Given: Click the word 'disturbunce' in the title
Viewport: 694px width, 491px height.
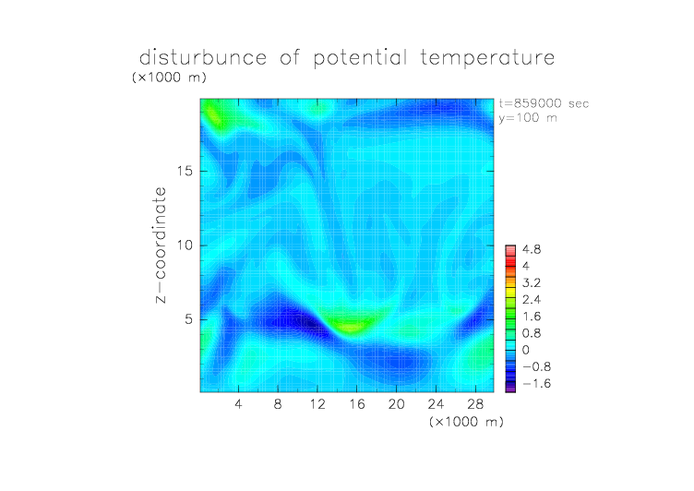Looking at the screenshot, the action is (x=203, y=57).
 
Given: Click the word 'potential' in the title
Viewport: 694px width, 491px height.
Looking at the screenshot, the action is (x=360, y=58).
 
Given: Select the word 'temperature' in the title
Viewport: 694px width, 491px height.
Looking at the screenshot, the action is (x=487, y=58).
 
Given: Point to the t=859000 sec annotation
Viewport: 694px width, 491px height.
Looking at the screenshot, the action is (x=544, y=103).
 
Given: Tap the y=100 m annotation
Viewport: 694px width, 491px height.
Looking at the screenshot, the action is (x=528, y=118).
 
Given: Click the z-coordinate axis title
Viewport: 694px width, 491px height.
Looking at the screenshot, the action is (x=161, y=245).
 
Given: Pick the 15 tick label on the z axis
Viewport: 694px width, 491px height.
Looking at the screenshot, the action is (x=185, y=172).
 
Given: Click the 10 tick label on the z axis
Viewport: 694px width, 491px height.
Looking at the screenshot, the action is (x=185, y=245).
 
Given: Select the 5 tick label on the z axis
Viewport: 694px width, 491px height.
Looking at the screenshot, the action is (x=189, y=319).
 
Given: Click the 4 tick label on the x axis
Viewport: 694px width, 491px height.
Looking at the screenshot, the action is (x=238, y=404).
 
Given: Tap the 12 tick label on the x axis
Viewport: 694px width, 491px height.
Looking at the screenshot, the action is (x=317, y=404).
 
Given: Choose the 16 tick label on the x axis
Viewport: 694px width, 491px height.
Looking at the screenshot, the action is (x=357, y=404).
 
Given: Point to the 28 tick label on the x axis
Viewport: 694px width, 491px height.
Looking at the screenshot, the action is (x=475, y=404).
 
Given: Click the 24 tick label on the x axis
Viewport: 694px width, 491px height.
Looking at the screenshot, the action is (x=436, y=404).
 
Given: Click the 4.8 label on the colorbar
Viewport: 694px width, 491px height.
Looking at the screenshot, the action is (x=532, y=250).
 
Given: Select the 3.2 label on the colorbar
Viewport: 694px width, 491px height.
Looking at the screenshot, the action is (x=532, y=283).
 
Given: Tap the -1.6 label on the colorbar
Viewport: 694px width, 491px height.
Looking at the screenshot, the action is (x=536, y=383).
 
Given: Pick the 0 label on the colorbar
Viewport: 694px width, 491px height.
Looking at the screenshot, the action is (x=526, y=350).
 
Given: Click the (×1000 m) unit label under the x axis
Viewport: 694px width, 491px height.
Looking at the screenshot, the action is (x=466, y=422).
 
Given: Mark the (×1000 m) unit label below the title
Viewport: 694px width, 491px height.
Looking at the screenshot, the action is (x=169, y=78).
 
